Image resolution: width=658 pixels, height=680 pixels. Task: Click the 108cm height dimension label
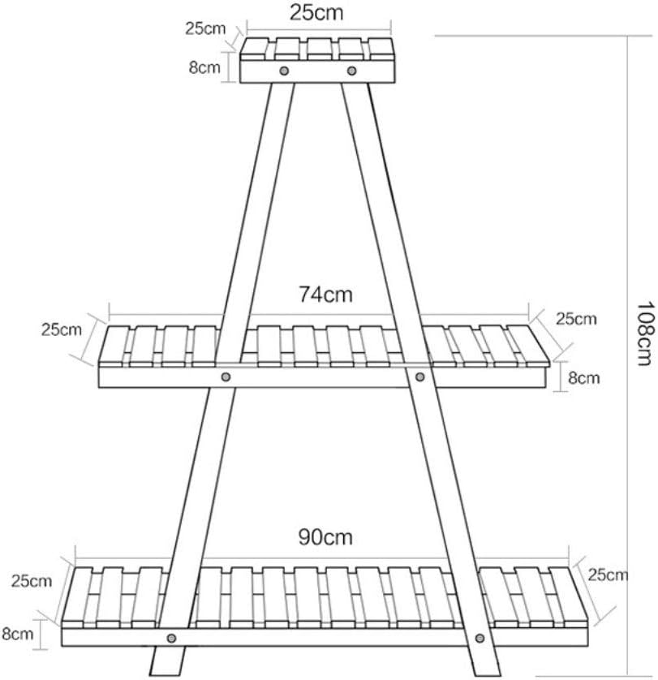point(644,334)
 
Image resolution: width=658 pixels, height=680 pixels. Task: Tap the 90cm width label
point(325,537)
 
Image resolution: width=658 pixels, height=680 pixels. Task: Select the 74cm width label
point(325,295)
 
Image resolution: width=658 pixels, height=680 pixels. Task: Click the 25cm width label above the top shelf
point(316,12)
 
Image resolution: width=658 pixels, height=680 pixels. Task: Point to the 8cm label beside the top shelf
point(204,67)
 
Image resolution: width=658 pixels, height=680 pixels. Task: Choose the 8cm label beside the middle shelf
point(584,377)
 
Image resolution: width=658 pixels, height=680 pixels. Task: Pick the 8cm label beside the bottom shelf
point(17,634)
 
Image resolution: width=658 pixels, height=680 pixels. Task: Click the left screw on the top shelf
point(284,71)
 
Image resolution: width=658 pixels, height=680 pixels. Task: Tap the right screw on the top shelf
point(352,71)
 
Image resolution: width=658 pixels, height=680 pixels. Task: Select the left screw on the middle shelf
point(226,377)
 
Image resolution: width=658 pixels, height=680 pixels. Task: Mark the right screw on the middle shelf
point(419,377)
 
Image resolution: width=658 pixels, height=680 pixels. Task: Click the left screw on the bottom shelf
point(172,638)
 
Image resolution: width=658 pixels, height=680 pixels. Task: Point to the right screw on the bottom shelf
point(480,638)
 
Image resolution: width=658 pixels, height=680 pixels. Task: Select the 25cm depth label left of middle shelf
point(61,329)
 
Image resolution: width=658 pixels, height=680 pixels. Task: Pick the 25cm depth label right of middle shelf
point(576,319)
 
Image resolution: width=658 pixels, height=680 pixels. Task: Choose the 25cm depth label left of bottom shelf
point(31,581)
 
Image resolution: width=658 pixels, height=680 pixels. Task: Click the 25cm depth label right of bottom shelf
point(607,575)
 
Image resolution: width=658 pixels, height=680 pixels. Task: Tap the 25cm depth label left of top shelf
point(205,28)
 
